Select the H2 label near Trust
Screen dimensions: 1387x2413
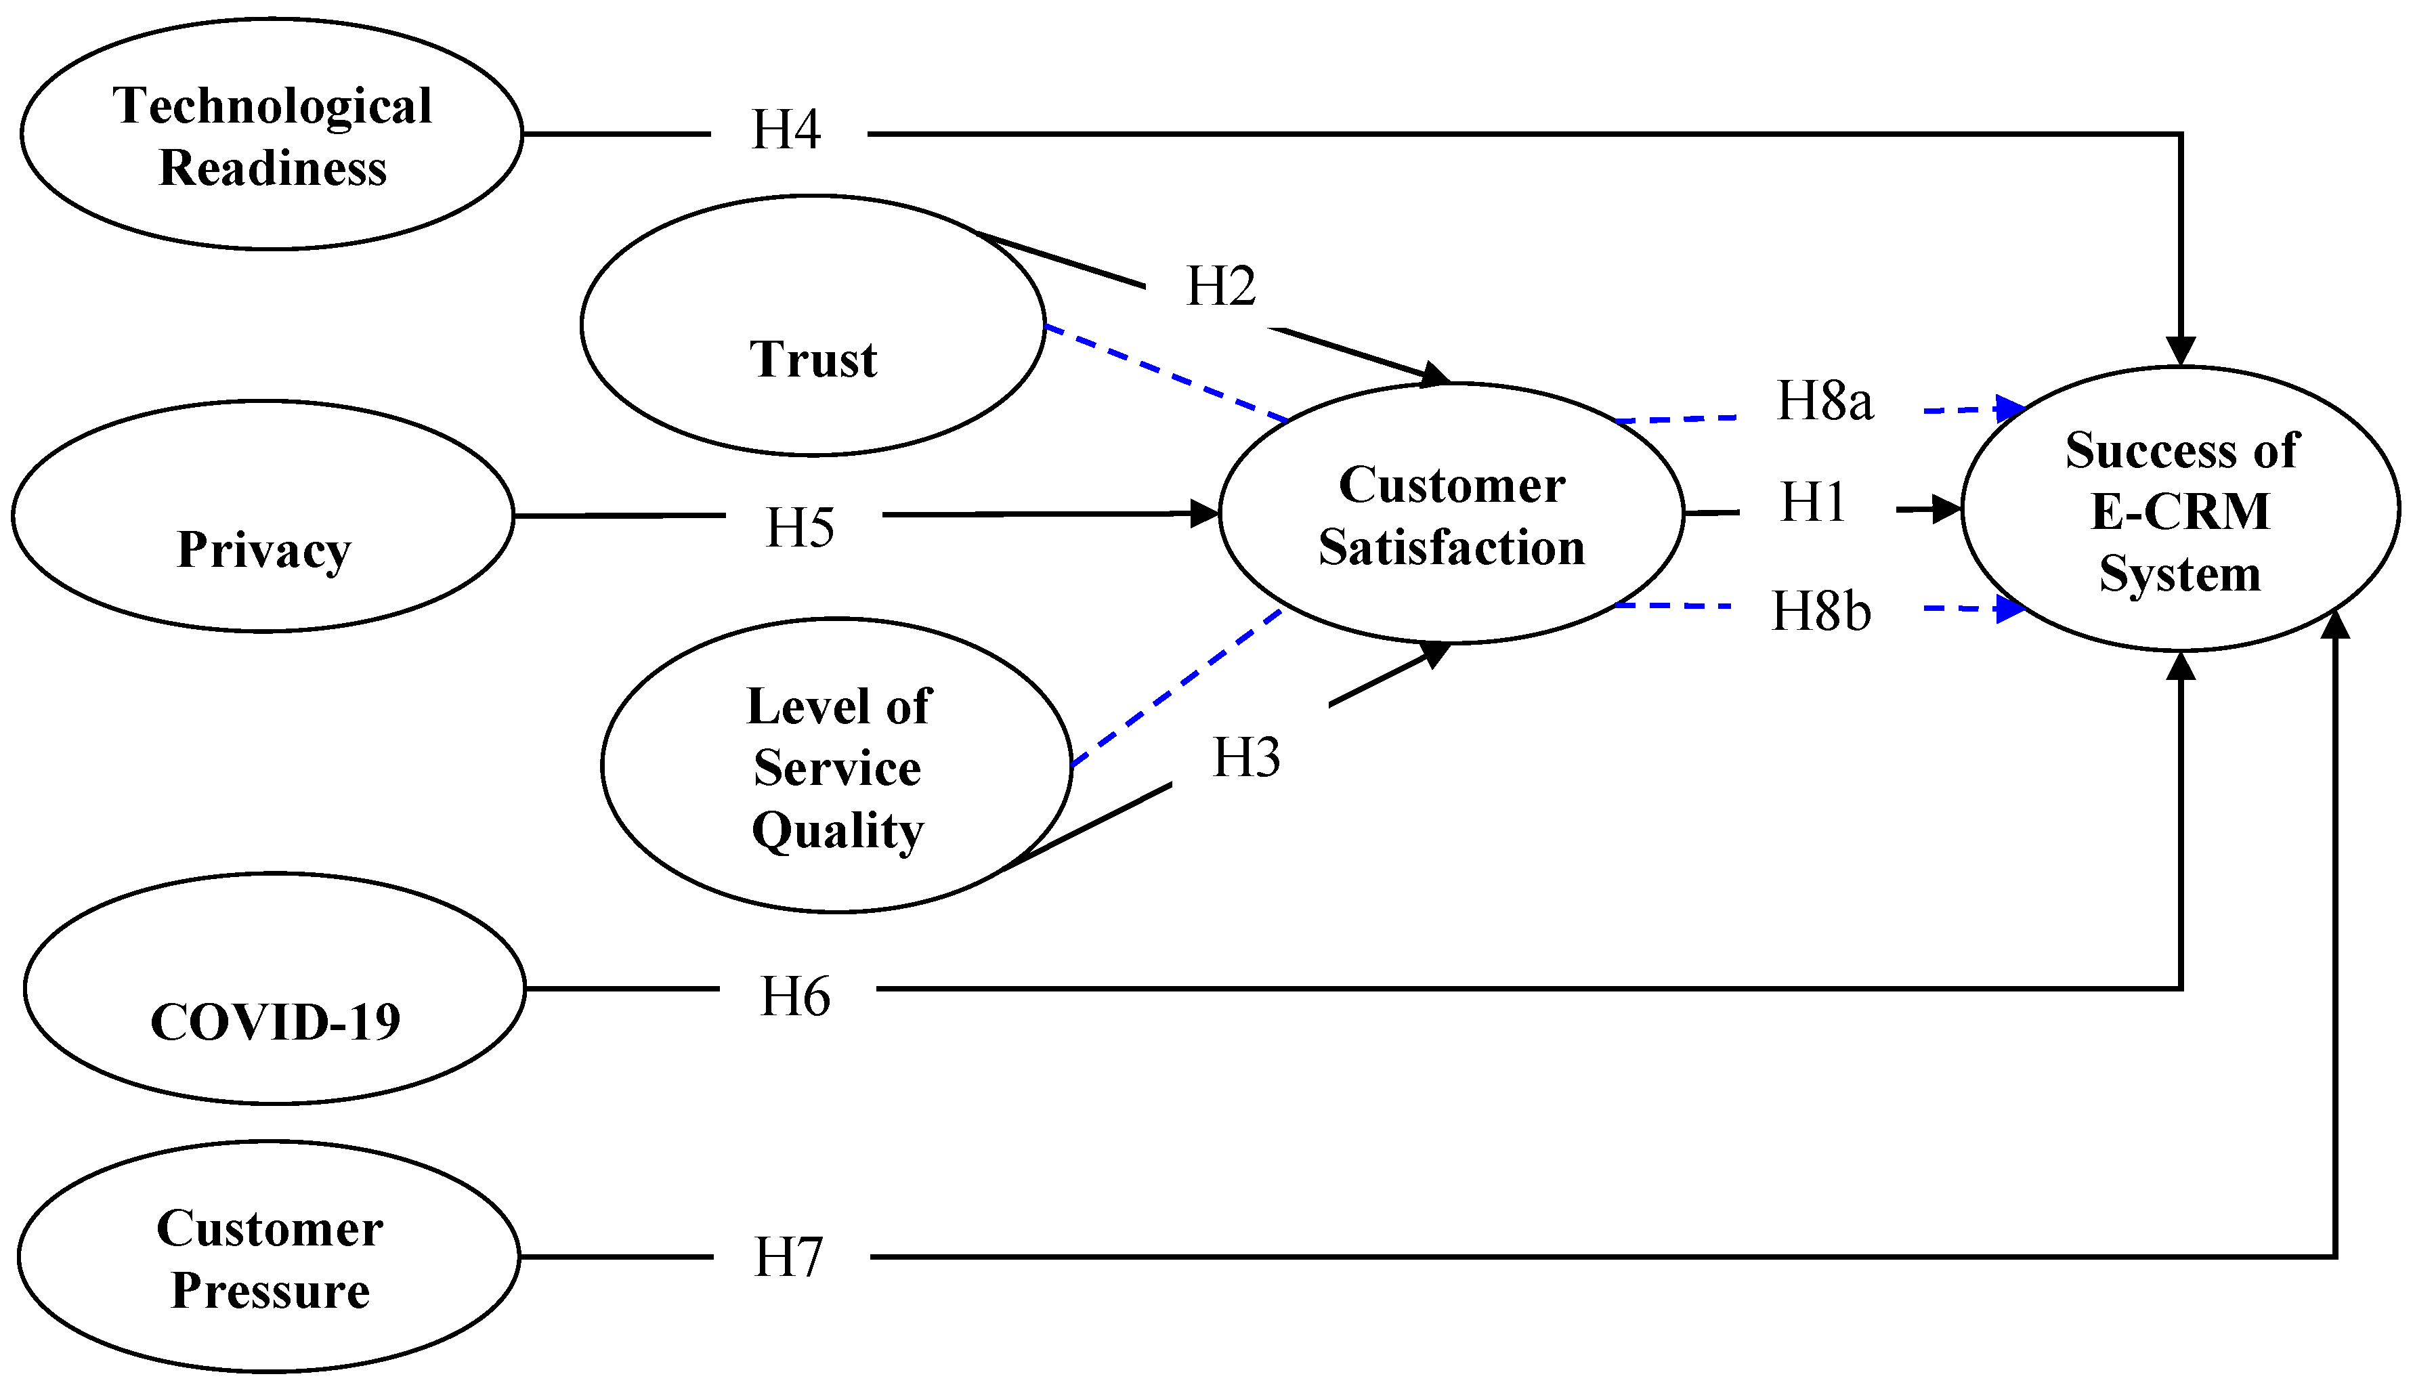coord(1220,286)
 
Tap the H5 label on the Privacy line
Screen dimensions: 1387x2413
coord(800,527)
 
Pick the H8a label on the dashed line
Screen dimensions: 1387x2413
coord(1824,400)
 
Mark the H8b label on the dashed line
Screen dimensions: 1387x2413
coord(1820,611)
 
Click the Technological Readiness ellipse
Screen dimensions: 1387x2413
coord(272,134)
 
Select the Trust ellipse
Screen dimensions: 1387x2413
coord(813,326)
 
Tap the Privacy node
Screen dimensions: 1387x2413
coord(263,515)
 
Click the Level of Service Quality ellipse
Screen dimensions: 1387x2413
coord(836,766)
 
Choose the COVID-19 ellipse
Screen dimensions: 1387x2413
coord(274,989)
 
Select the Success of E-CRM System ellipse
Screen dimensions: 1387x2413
coord(2181,510)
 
